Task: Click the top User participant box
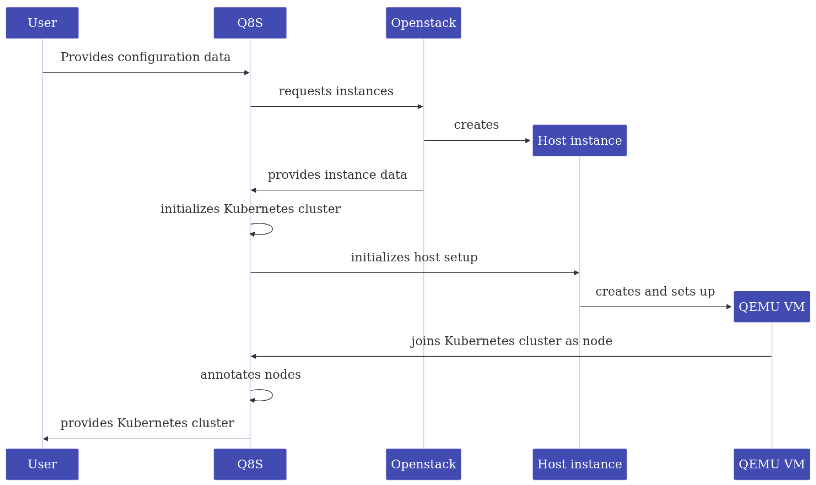[x=42, y=23]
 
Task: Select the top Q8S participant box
[x=250, y=23]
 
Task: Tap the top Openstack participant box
[x=423, y=23]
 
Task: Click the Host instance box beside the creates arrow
[x=579, y=141]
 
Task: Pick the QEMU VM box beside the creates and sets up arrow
[x=772, y=307]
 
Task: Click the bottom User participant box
[x=42, y=464]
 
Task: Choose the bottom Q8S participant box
[x=250, y=464]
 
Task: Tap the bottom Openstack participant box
[x=423, y=464]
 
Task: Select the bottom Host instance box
[x=579, y=464]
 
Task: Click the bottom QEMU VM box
[x=772, y=464]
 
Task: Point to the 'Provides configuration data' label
[x=146, y=57]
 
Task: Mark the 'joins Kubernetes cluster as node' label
[x=511, y=341]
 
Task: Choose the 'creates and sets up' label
[x=655, y=291]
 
